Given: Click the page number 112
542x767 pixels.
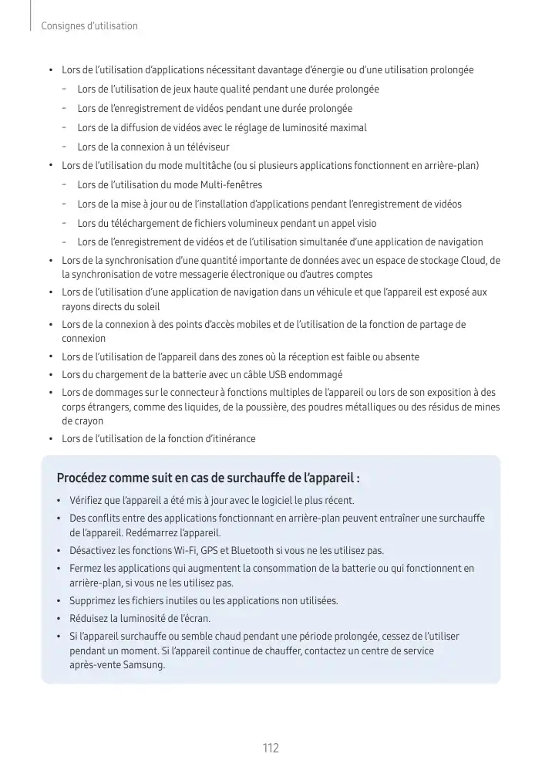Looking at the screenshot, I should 271,748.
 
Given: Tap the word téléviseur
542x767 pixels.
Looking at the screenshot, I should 204,147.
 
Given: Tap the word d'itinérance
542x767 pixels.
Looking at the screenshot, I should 229,439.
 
